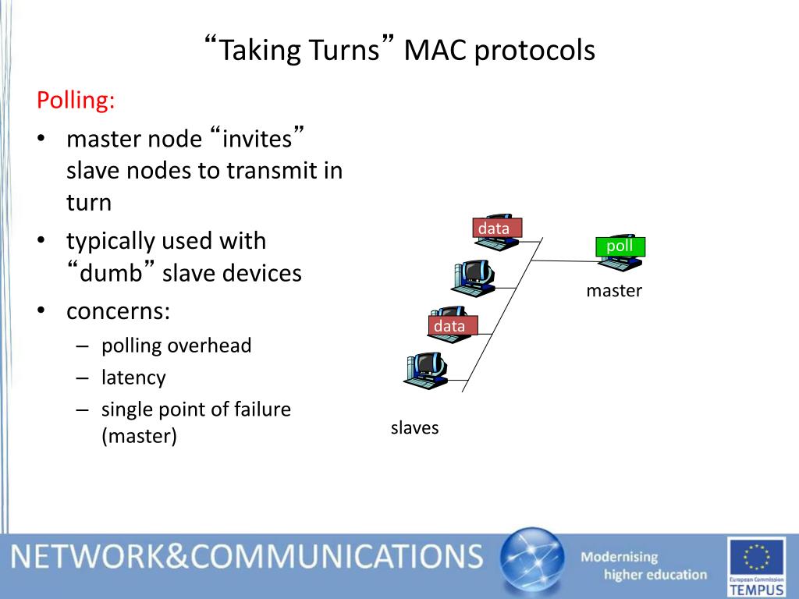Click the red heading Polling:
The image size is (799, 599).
coord(76,101)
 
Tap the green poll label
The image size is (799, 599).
coord(620,246)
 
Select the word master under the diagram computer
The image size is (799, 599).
coord(614,291)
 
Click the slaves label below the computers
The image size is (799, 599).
coord(414,427)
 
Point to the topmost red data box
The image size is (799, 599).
coord(495,228)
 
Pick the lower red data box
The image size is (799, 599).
coord(450,326)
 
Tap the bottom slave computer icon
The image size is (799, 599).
coord(424,369)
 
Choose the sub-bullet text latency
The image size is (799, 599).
coord(133,377)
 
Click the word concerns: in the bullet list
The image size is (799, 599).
coord(118,311)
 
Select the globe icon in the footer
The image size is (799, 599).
coord(531,562)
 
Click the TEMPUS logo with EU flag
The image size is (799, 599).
coord(755,565)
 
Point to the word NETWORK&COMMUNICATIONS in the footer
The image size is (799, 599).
coord(247,556)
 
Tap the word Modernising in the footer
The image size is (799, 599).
coord(620,557)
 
